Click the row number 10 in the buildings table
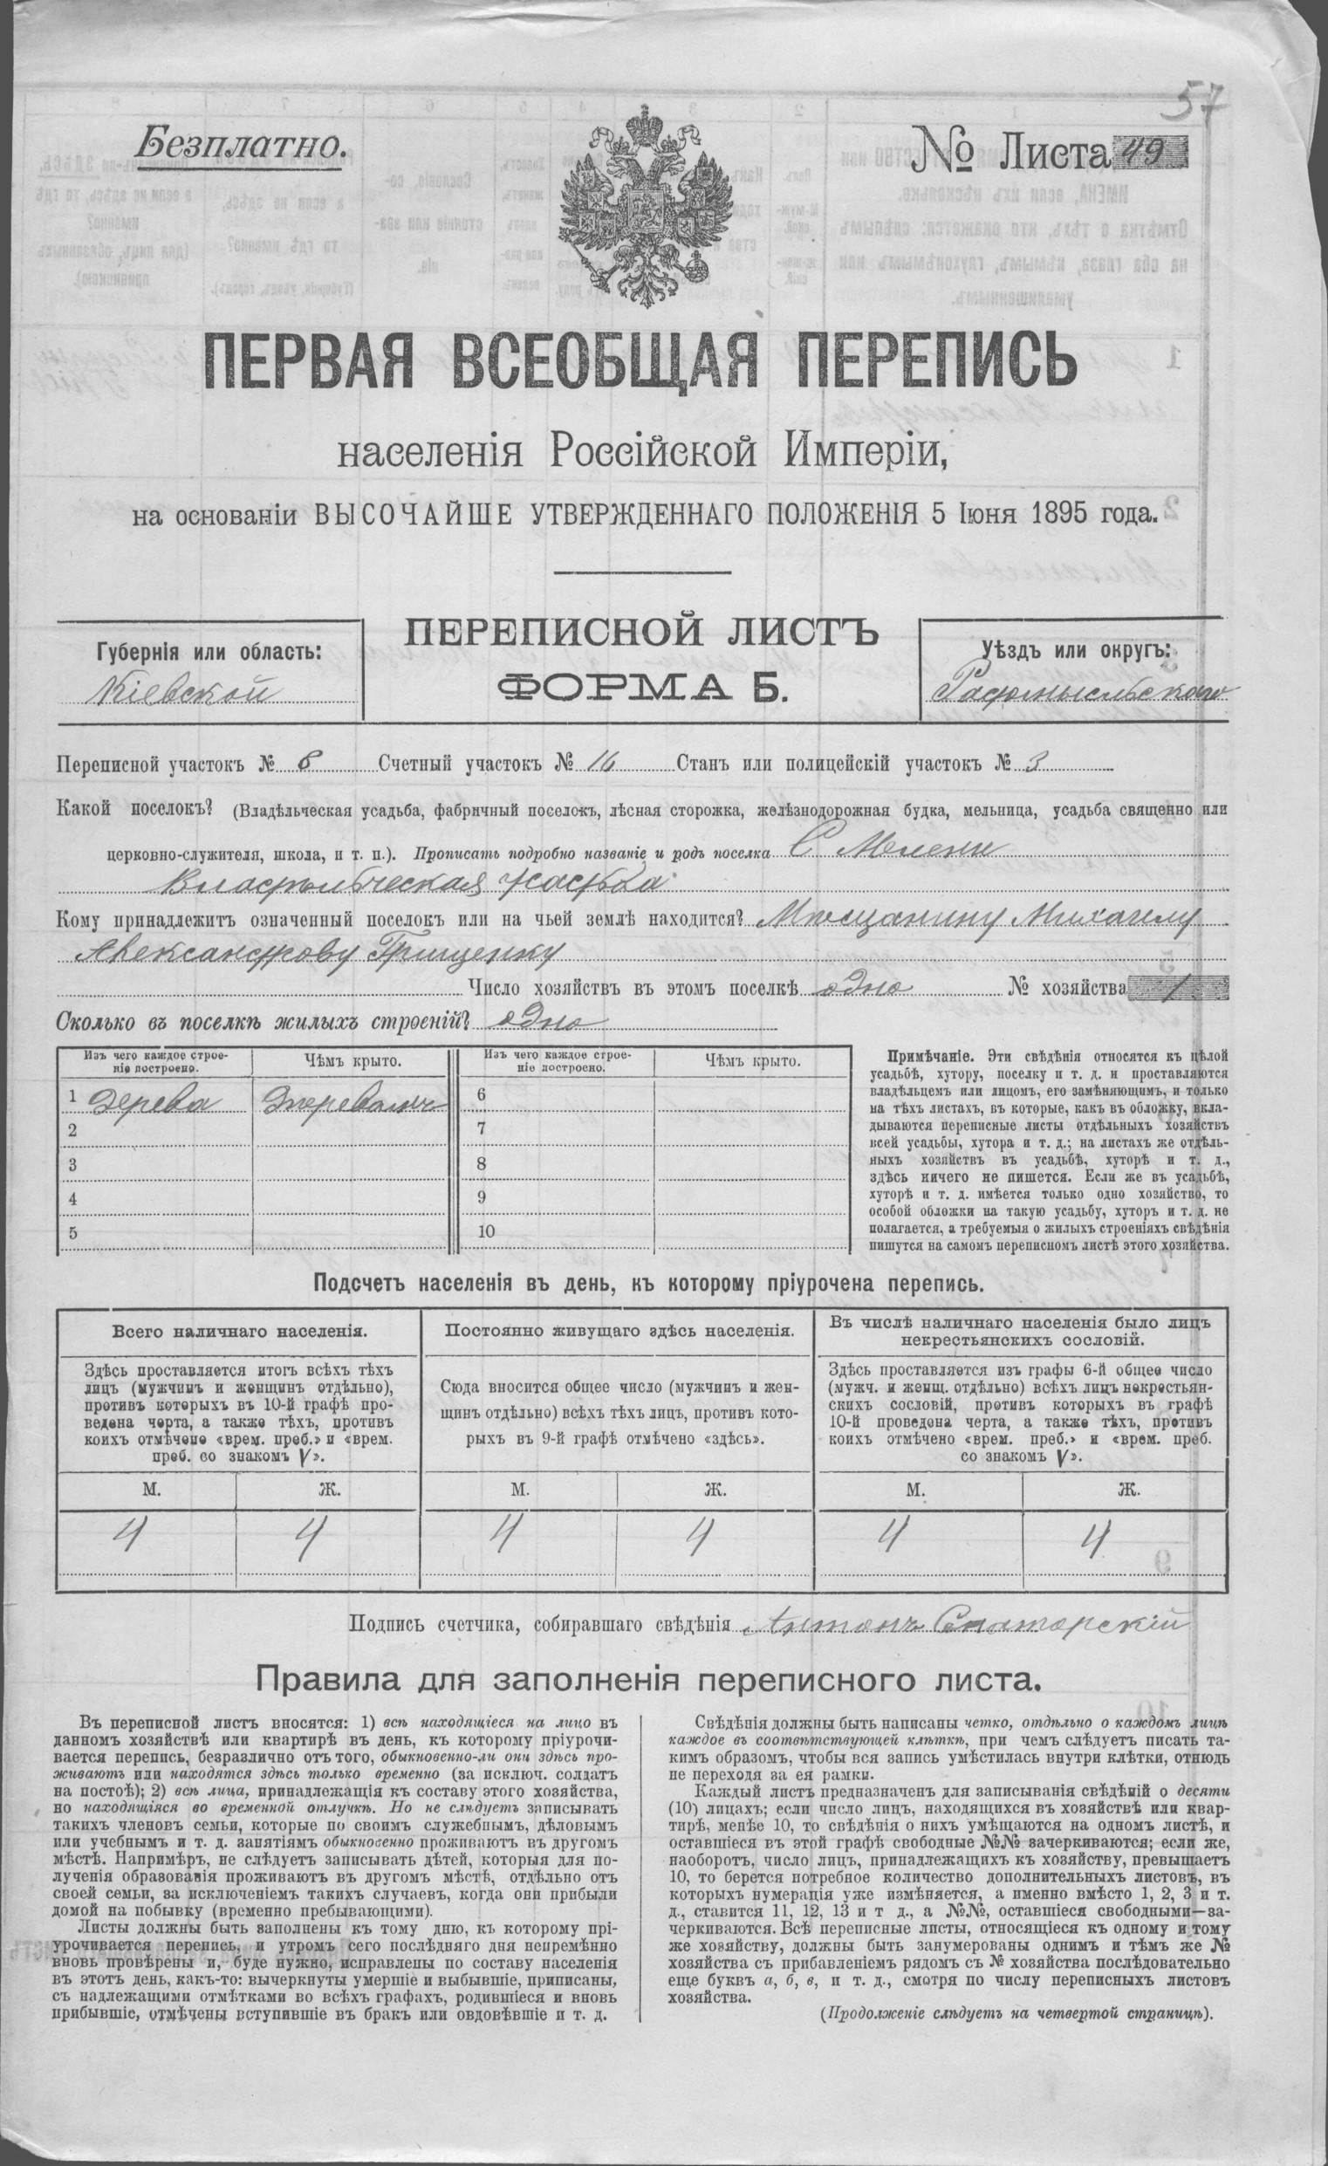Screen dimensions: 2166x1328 coord(487,1230)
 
